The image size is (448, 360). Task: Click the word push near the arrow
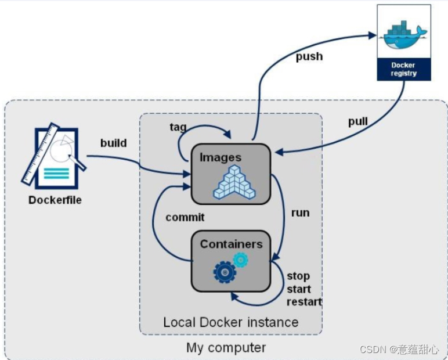(x=309, y=56)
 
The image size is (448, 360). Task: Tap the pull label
(x=357, y=122)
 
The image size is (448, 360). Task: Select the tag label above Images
(x=178, y=127)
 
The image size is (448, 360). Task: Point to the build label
(x=113, y=143)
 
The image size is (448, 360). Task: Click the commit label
(x=185, y=217)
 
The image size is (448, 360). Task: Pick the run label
(x=300, y=213)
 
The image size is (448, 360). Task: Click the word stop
(x=298, y=276)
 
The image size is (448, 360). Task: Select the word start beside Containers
(x=299, y=289)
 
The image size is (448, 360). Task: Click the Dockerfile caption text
(x=55, y=200)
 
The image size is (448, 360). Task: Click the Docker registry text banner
(x=403, y=69)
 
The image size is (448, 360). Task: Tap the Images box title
(x=221, y=157)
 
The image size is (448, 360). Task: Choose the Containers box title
(x=231, y=244)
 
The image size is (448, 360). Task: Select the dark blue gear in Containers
(x=225, y=271)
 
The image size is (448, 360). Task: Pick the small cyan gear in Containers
(x=240, y=260)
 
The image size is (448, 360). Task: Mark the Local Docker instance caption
(x=231, y=322)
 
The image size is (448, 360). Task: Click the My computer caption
(x=226, y=348)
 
